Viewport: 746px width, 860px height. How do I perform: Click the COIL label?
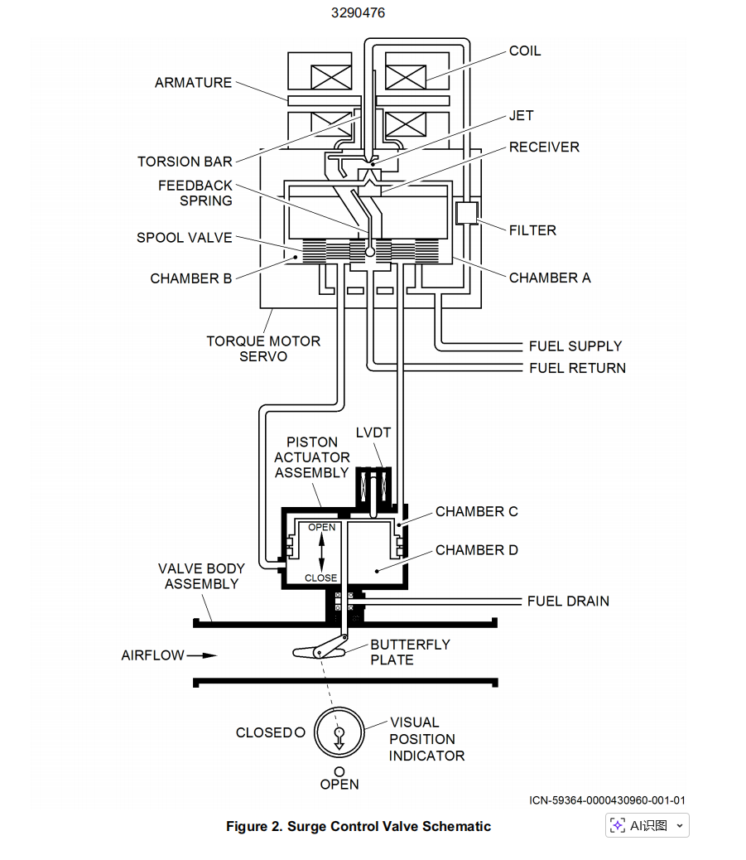(x=525, y=51)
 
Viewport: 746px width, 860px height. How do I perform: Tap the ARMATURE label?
(x=193, y=83)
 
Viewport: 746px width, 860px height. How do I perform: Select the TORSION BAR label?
(x=185, y=162)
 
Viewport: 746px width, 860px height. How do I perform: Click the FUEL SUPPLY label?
(x=575, y=346)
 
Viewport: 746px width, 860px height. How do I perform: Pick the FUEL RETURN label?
(x=577, y=368)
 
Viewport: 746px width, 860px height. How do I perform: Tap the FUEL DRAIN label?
(x=568, y=601)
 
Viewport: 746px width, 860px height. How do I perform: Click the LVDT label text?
(x=373, y=432)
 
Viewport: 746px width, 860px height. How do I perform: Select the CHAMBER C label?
(x=476, y=512)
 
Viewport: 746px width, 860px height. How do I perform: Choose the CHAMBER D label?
(x=476, y=550)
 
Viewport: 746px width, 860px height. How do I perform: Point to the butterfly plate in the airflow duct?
(x=320, y=651)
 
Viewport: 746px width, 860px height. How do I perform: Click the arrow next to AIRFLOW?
(x=202, y=655)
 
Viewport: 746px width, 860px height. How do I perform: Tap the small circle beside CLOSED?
(x=300, y=732)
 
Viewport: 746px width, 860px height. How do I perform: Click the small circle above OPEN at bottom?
(x=339, y=771)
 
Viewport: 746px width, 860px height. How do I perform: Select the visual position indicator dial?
(x=339, y=732)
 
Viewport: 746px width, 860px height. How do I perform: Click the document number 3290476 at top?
(x=358, y=13)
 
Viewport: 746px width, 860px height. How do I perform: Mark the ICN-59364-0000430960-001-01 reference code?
(x=607, y=800)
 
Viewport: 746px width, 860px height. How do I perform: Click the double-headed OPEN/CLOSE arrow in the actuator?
(x=321, y=553)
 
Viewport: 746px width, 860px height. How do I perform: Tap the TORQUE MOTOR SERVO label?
(x=263, y=348)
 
